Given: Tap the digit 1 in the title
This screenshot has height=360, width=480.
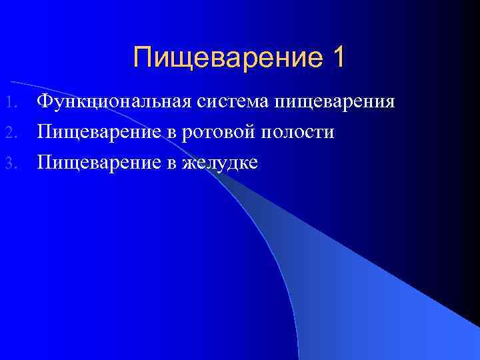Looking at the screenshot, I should pyautogui.click(x=337, y=57).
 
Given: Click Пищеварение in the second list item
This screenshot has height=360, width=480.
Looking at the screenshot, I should pyautogui.click(x=99, y=133).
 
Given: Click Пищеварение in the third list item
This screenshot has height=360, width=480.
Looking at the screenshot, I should pyautogui.click(x=99, y=163).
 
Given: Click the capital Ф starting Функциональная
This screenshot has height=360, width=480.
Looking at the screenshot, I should pyautogui.click(x=45, y=102).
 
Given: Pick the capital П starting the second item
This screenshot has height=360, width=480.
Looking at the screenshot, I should pyautogui.click(x=45, y=132).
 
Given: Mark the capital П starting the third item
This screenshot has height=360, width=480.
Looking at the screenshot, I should pyautogui.click(x=45, y=162).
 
